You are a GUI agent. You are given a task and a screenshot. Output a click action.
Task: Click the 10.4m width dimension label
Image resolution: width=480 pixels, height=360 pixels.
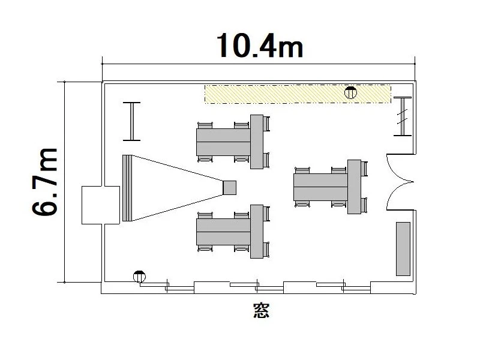(260, 46)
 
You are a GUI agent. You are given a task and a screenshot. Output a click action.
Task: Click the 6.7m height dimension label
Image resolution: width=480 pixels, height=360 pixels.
(44, 182)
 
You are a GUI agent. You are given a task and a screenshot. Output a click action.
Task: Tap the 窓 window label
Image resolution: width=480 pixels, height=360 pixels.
(261, 310)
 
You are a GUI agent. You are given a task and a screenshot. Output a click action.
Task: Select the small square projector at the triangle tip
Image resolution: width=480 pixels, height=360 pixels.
(229, 188)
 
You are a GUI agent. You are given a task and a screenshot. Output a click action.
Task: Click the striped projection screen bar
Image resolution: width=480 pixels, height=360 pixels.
(127, 188)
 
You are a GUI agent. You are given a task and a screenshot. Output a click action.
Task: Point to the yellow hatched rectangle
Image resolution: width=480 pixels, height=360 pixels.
(298, 94)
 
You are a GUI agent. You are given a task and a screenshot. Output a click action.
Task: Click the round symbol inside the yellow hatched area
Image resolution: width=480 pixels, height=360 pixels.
(350, 92)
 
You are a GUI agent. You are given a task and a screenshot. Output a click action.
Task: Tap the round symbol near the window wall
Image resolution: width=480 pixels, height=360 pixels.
(139, 277)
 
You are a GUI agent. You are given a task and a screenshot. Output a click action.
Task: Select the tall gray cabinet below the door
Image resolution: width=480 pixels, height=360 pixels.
(403, 249)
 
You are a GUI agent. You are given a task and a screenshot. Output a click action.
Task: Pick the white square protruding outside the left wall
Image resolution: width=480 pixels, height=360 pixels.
(101, 205)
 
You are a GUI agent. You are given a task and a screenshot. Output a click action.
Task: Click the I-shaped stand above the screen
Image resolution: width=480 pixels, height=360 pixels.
(131, 122)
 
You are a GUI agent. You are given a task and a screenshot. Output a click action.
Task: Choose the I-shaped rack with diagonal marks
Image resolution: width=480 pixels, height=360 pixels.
(403, 116)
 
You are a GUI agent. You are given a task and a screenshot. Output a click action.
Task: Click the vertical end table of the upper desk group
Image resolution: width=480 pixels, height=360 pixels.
(257, 142)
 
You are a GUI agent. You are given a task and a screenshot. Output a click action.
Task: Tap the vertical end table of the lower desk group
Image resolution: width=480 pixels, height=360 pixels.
(257, 232)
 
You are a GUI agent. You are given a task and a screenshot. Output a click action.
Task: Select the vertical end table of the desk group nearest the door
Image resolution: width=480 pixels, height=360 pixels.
(354, 187)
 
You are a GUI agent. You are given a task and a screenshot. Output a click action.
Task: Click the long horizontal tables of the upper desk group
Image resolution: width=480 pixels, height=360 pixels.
(223, 142)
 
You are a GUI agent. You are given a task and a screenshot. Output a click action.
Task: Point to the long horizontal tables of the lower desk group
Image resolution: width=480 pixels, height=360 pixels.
(223, 232)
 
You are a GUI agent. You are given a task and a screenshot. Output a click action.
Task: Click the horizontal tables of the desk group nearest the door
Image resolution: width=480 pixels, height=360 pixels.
(320, 187)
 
